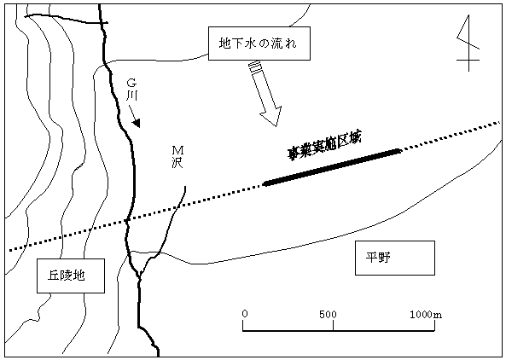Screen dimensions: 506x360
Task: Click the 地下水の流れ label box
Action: click(x=259, y=44)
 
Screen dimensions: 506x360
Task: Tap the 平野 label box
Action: click(x=395, y=258)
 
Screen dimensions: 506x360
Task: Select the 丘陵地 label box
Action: click(x=71, y=276)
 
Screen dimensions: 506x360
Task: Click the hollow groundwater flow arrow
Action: click(x=265, y=94)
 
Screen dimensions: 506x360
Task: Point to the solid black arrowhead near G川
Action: click(x=137, y=123)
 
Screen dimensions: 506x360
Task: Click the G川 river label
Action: click(x=131, y=90)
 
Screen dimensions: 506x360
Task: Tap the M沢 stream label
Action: click(x=177, y=157)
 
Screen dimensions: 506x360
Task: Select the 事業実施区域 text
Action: click(x=324, y=146)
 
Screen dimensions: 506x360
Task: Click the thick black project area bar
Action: click(x=333, y=167)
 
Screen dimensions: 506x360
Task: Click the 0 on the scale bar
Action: click(x=245, y=314)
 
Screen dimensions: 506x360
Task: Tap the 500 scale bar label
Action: click(x=328, y=314)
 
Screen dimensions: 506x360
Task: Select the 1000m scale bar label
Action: click(x=426, y=314)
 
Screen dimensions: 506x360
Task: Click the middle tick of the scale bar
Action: click(x=333, y=326)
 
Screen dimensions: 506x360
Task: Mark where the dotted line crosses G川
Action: click(x=127, y=221)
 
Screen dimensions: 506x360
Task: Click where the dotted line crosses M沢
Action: click(x=177, y=206)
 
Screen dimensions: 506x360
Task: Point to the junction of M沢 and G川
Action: click(x=139, y=276)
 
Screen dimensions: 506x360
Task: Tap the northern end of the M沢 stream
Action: click(x=185, y=187)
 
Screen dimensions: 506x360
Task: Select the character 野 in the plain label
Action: click(x=384, y=258)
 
